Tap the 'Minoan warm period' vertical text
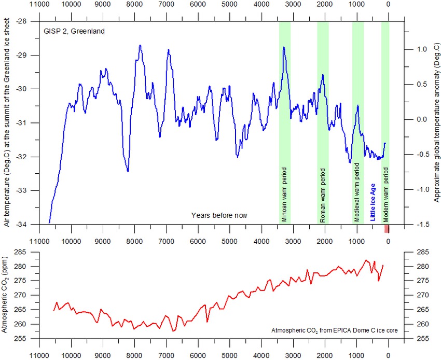pos(284,195)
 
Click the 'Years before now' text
pos(219,215)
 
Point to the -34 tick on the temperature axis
pos(25,225)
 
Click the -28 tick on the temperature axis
pos(25,21)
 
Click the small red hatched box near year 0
pos(386,229)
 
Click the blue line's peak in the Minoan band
pos(284,47)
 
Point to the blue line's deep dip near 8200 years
pos(127,171)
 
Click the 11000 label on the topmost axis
pos(39,5)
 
